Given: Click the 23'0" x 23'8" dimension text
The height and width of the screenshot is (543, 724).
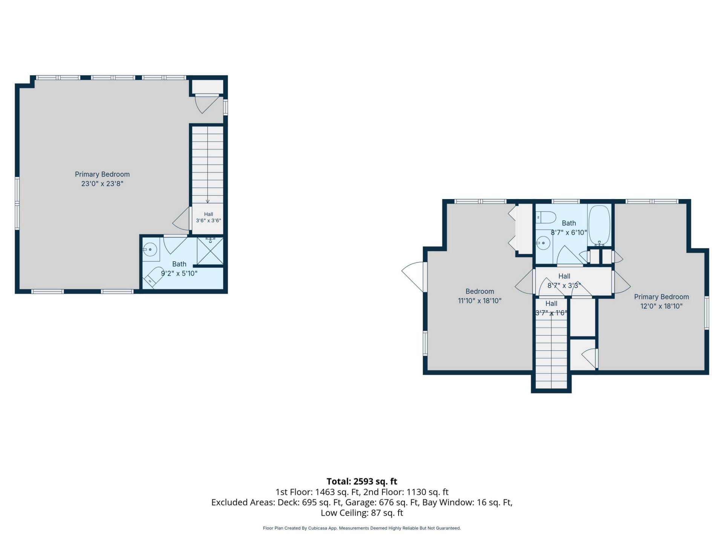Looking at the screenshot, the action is (102, 184).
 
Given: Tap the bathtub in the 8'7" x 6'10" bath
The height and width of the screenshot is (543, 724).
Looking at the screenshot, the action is (599, 225).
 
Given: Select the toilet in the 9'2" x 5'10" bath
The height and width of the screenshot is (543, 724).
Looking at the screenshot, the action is (152, 277).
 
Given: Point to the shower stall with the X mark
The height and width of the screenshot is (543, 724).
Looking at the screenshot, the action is (210, 251).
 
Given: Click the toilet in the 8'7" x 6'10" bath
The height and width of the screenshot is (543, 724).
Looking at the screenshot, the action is (546, 217).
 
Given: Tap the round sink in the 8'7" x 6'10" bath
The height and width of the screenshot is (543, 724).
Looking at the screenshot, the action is (543, 243).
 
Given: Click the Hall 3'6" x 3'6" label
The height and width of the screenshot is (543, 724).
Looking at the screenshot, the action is (209, 218).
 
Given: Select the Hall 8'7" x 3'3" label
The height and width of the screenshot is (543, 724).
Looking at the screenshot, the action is (564, 281).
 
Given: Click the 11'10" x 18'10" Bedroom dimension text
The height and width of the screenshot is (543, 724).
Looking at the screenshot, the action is (480, 301).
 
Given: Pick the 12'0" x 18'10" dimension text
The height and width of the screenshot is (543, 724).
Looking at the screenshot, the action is (661, 306).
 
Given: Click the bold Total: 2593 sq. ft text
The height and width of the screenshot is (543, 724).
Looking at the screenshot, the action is (362, 482).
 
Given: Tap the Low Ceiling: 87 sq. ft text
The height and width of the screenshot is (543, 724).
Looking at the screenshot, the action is (362, 513).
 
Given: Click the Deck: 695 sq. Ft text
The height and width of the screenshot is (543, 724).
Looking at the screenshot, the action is (310, 502).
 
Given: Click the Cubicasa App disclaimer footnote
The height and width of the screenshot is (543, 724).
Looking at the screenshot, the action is (362, 528).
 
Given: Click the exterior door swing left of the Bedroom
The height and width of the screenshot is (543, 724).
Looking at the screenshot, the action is (413, 277).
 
